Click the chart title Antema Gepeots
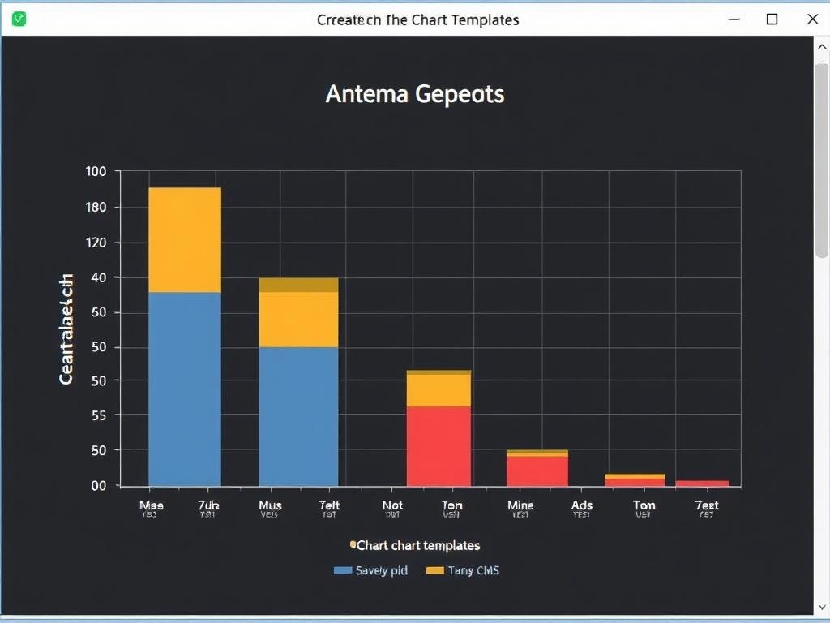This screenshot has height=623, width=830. click(x=415, y=94)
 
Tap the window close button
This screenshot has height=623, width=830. click(x=812, y=19)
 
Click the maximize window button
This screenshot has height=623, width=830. click(x=772, y=19)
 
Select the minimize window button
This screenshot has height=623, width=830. click(x=734, y=19)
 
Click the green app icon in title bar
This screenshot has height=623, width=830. click(x=19, y=19)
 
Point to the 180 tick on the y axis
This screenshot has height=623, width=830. click(x=96, y=207)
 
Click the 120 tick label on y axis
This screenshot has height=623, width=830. click(x=96, y=243)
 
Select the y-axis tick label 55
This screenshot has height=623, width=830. click(x=97, y=415)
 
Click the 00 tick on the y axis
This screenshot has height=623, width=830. click(x=98, y=485)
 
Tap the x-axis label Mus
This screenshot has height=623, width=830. click(x=270, y=505)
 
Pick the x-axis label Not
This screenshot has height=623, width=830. click(x=392, y=505)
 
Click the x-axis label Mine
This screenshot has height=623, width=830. click(x=520, y=505)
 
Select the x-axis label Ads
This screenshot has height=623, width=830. click(x=582, y=505)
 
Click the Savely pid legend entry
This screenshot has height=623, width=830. click(x=371, y=570)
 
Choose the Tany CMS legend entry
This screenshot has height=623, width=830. click(x=463, y=570)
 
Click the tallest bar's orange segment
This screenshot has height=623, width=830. click(x=185, y=239)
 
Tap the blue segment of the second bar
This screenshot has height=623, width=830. click(x=298, y=415)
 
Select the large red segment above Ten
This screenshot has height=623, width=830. click(x=439, y=445)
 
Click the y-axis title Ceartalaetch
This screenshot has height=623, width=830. click(x=66, y=329)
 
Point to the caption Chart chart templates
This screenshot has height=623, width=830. click(x=417, y=545)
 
